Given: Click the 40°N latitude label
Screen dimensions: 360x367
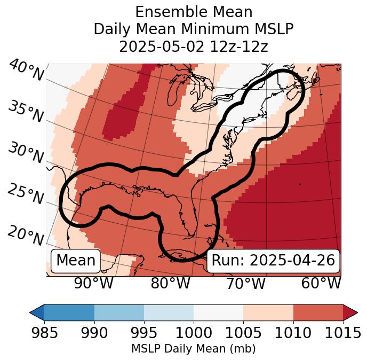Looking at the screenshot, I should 26,71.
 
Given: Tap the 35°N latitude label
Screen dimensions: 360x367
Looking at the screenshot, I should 26,112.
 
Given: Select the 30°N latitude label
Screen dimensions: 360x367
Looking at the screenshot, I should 26,153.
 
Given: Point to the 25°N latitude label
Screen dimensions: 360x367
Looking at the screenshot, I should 26,194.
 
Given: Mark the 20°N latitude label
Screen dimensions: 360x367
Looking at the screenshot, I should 26,235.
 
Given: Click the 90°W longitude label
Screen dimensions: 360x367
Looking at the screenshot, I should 94,283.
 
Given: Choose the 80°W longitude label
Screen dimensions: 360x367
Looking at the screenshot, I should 170,283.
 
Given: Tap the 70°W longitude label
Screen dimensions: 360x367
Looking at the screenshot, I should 245,283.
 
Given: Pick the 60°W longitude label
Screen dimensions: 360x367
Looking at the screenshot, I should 321,283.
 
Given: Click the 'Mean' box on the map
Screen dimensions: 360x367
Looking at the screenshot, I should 76,261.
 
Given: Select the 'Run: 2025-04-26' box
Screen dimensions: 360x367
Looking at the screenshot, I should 273,261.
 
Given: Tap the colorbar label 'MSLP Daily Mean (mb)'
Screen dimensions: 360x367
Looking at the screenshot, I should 194,349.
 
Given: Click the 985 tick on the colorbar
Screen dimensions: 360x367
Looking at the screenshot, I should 44,333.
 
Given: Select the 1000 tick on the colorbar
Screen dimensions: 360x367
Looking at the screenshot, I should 194,333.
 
